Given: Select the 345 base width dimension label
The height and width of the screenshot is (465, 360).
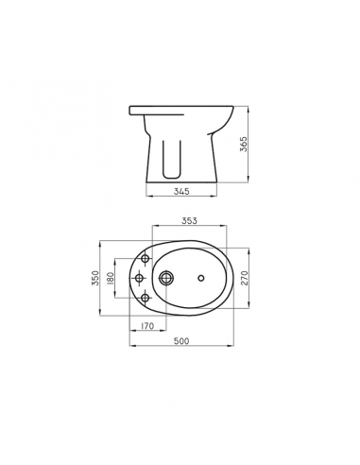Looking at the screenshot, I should pos(183,191).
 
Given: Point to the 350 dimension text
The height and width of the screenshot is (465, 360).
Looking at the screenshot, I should pos(95,280).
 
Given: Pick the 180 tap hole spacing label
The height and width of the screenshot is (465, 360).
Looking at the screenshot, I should pos(111,280).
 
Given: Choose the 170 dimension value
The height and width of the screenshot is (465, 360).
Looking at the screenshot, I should pos(146,326).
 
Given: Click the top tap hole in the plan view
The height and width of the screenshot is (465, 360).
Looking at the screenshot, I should pos(145,258).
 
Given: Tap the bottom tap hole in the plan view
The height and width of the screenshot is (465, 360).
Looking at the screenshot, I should pos(145,300).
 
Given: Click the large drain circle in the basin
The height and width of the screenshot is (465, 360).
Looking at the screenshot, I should pos(168,279).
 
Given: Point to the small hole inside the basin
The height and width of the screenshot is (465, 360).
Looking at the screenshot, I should pos(201,279).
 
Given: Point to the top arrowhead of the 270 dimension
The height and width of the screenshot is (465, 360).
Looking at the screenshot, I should pos(251,250).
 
